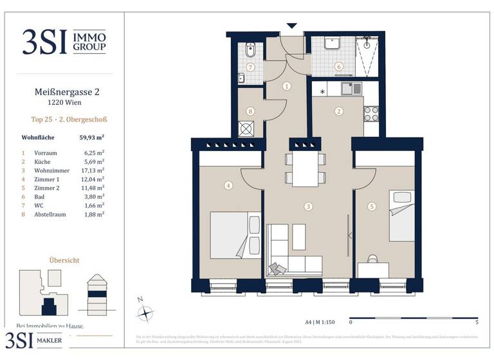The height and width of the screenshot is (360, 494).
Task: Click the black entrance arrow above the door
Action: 292,26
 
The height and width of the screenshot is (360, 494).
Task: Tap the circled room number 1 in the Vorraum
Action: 287,85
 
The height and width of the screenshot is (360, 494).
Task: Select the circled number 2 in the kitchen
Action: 338,111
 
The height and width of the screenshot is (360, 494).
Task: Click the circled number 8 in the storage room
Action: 251,111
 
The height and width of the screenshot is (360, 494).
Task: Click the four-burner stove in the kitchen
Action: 372,114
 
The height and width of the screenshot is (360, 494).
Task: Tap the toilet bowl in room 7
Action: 250,49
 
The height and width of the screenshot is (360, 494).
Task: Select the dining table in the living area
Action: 306,168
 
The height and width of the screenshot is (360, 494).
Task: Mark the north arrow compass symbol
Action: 147,313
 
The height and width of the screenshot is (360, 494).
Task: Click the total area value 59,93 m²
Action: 91,138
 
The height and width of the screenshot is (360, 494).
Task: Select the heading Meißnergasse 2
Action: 66,92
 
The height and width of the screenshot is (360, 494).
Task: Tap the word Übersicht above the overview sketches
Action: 64,260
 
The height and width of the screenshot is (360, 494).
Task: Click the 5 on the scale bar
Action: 477,322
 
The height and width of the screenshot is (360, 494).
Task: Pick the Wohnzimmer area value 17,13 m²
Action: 94,171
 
